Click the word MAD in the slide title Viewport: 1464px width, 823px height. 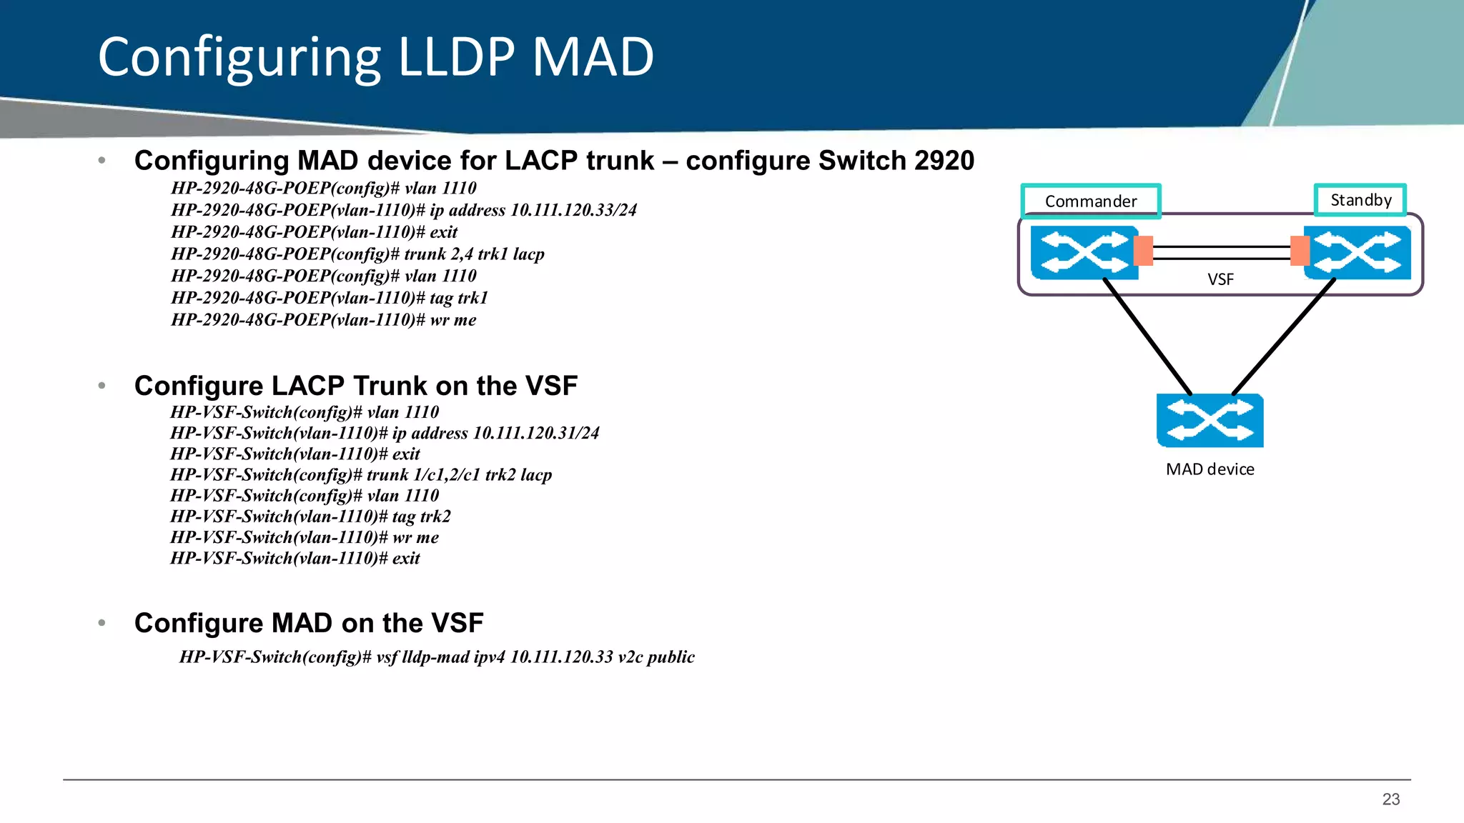593,57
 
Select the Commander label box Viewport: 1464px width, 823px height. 1090,201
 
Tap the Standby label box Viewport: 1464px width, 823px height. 1360,200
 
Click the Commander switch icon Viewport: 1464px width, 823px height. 1083,252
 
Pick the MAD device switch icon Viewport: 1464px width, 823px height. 1210,420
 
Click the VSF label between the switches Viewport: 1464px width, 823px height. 1220,279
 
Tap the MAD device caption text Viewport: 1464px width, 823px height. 1210,469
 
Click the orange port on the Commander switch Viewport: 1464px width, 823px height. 1144,251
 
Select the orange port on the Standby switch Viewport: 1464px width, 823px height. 1300,251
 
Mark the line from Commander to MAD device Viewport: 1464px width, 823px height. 1147,336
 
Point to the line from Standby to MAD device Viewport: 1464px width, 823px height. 1283,336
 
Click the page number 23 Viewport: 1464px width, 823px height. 1390,799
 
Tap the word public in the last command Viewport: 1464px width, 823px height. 670,657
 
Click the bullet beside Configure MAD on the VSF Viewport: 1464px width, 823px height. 102,623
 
